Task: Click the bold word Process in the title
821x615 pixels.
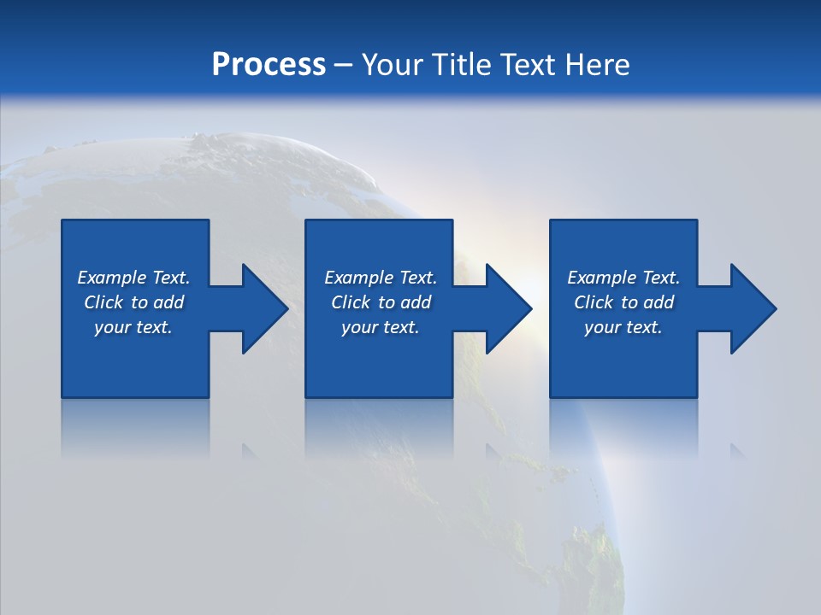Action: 269,64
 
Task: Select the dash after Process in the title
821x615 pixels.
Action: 344,65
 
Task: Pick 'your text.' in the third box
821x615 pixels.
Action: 623,327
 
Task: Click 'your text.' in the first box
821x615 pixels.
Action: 133,327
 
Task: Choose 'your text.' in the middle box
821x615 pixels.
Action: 380,327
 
